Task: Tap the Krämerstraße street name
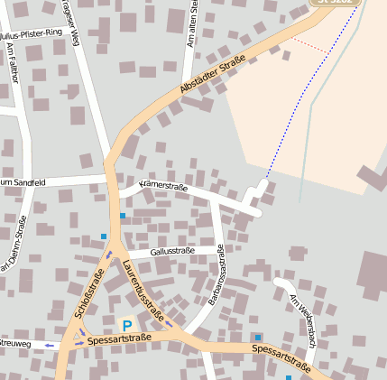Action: tap(163, 187)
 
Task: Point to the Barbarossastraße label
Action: tap(217, 273)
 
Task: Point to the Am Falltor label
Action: tap(11, 62)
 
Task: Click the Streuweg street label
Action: tap(15, 344)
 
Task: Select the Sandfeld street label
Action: tap(23, 183)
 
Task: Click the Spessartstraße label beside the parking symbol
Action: tap(119, 338)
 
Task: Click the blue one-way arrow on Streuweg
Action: tap(48, 345)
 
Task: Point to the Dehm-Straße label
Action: tap(12, 244)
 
